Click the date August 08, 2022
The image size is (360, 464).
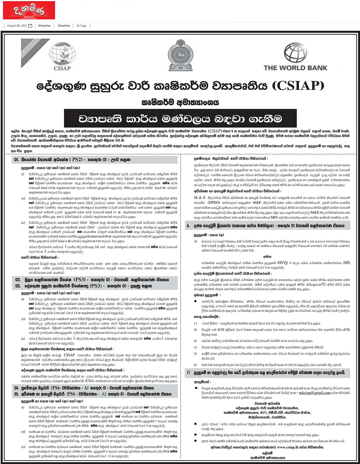[x=17, y=26]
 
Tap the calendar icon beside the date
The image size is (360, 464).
[x=30, y=26]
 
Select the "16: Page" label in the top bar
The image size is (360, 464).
[x=81, y=26]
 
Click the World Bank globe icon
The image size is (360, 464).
[x=295, y=53]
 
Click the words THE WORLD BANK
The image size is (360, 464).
[x=295, y=68]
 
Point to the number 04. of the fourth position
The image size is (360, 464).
[x=16, y=388]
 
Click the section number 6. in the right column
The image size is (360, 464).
[x=188, y=226]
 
